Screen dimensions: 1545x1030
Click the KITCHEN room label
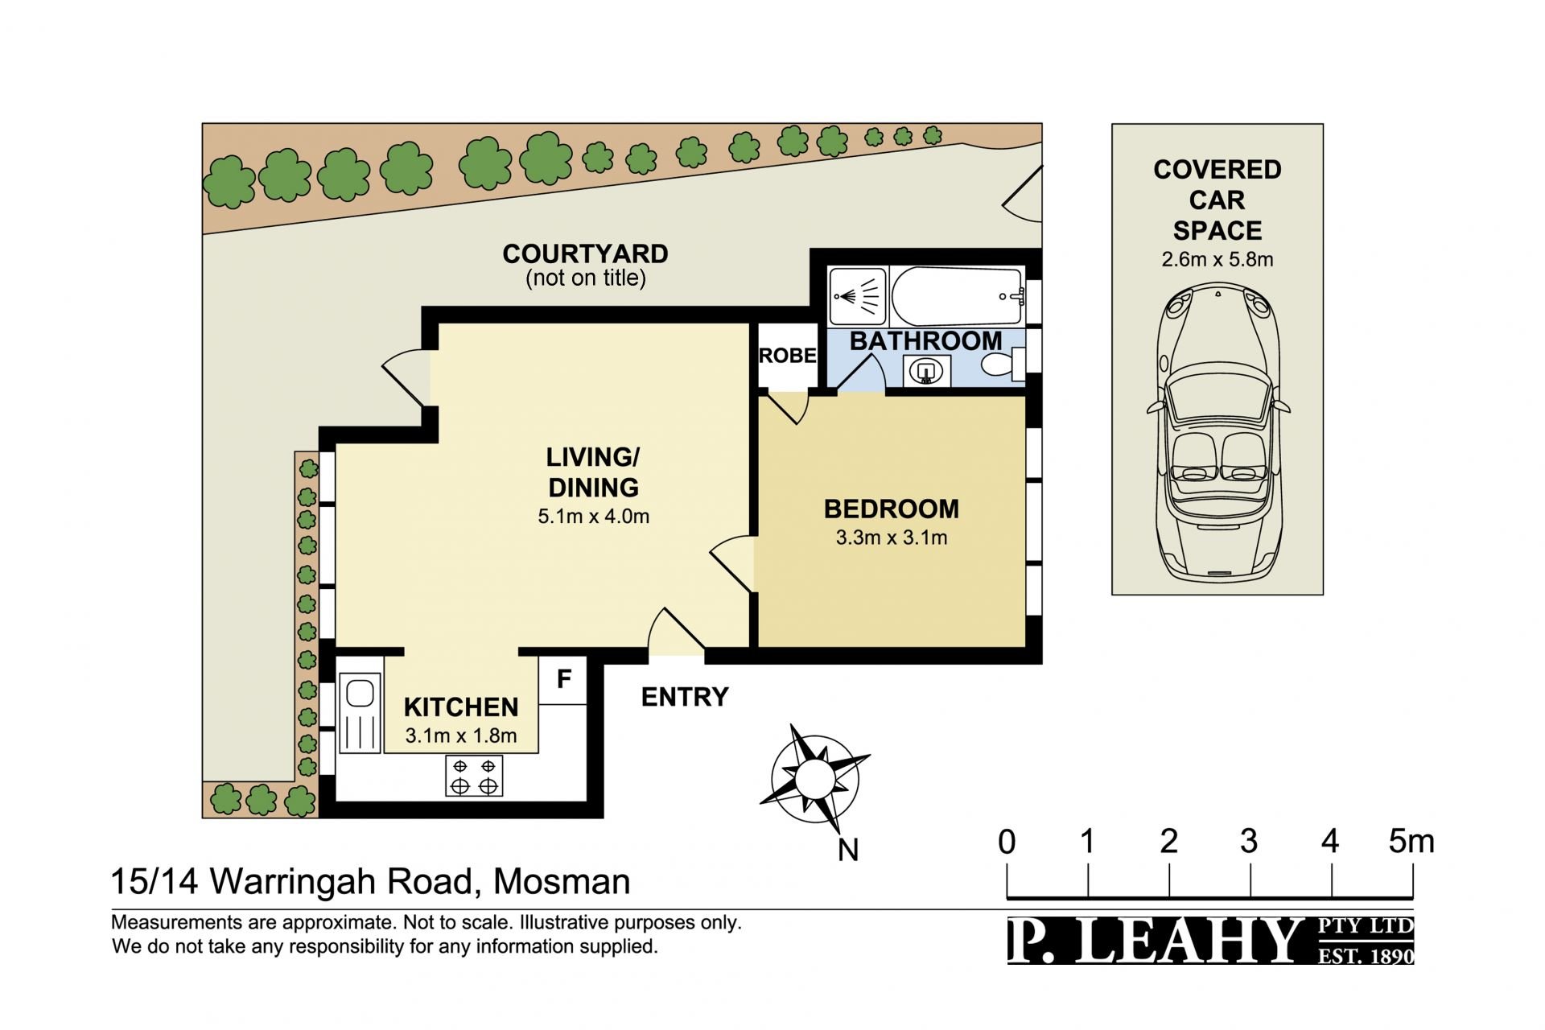(460, 707)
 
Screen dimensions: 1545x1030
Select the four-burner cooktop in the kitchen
(474, 776)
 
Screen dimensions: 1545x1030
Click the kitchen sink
(360, 713)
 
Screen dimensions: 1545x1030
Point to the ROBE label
(788, 356)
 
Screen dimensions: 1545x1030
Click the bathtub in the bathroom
(958, 295)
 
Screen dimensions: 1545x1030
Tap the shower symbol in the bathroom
(858, 296)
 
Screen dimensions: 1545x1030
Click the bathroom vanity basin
(927, 371)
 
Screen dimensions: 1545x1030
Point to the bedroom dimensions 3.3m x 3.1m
(892, 538)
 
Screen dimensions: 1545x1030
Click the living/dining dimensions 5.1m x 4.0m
(593, 517)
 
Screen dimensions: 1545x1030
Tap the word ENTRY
(685, 697)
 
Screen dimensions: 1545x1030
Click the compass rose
(814, 779)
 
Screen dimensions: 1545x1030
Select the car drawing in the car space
(1217, 431)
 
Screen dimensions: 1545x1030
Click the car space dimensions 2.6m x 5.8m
(1217, 259)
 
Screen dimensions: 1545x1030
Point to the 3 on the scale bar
(1249, 842)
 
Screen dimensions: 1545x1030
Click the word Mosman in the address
(562, 882)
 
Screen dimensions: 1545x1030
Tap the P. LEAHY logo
(1210, 940)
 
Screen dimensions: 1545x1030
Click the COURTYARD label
(585, 254)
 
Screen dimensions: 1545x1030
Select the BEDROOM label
(892, 509)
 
